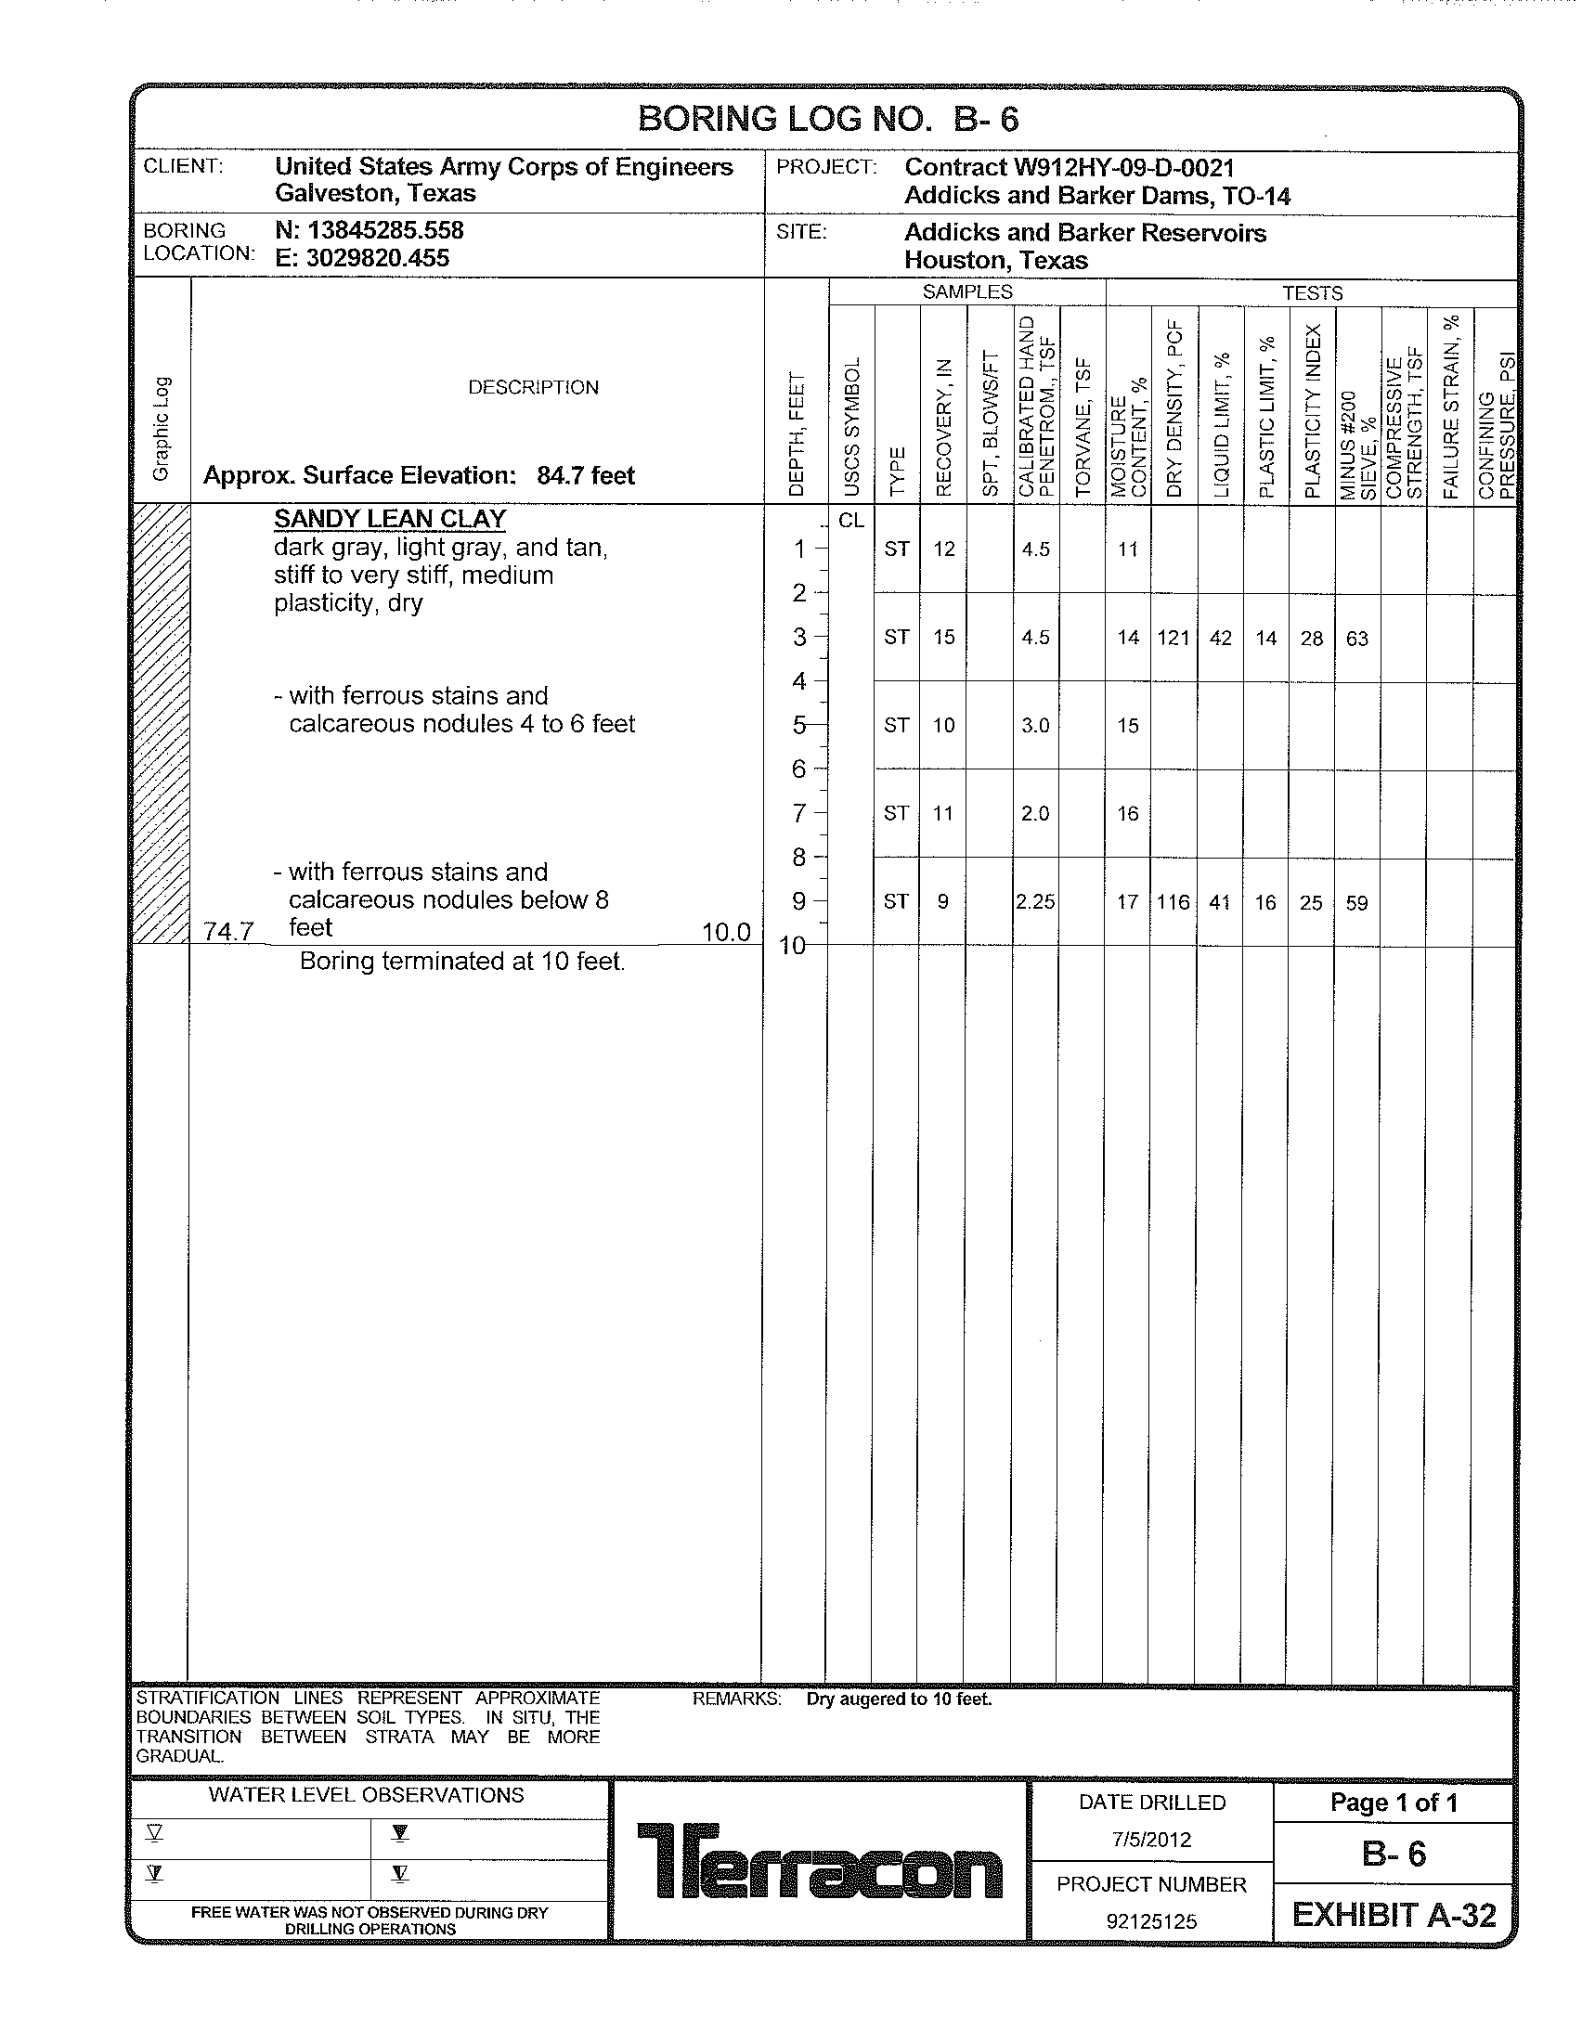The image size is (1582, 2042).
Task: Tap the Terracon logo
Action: point(819,1860)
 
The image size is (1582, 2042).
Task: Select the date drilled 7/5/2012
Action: point(1151,1840)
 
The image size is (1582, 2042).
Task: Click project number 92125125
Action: point(1151,1921)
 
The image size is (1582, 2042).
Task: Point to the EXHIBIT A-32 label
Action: point(1394,1915)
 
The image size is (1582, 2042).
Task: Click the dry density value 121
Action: point(1173,638)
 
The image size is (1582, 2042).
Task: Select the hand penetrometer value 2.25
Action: point(1035,902)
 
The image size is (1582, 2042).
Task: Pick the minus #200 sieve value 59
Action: point(1356,903)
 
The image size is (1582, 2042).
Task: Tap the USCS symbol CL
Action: point(850,521)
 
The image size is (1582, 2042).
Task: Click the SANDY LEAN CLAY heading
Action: point(390,519)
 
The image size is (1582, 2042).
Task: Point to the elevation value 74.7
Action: point(229,931)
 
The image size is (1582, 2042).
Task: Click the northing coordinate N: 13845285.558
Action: point(370,230)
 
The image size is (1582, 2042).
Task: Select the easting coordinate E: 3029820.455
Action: point(362,258)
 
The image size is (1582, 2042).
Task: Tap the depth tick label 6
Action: point(798,769)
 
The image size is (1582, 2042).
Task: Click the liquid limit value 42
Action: point(1220,638)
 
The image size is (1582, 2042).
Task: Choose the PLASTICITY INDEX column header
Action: point(1313,411)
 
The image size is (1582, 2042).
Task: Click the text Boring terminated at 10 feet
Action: point(462,962)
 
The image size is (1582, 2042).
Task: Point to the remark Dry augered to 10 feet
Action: point(899,1699)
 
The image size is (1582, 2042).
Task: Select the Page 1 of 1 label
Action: point(1394,1803)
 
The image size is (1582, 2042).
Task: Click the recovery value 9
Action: point(942,902)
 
